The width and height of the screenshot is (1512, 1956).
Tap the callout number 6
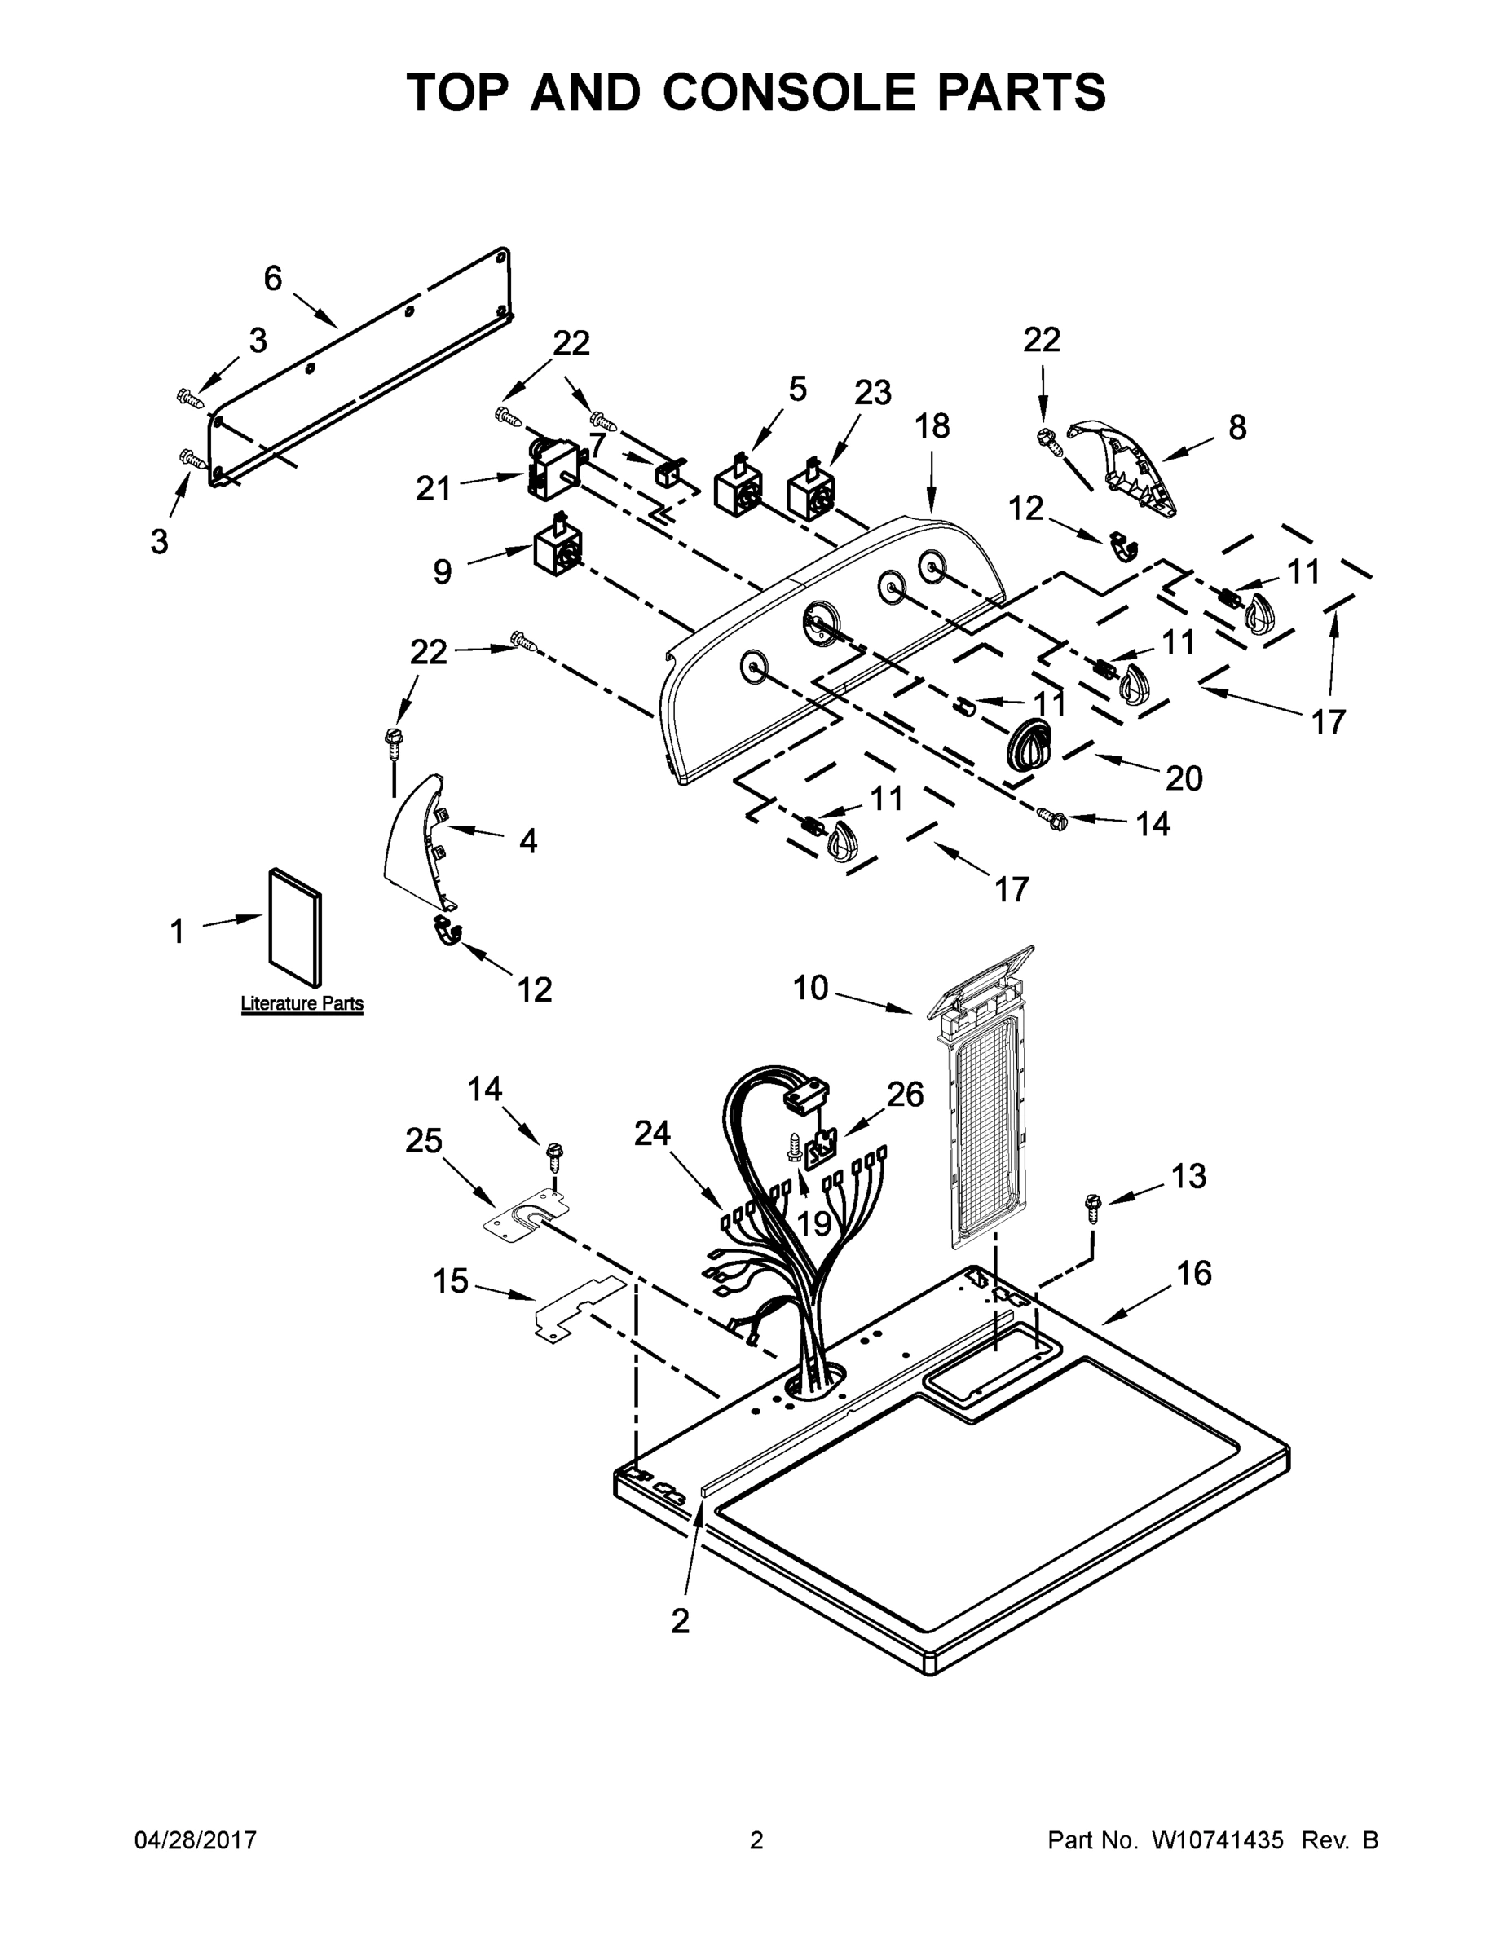pos(272,279)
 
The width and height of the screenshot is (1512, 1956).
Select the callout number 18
pos(932,426)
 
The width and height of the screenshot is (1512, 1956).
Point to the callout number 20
pos(1184,778)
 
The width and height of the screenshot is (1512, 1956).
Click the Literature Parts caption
pos(302,1003)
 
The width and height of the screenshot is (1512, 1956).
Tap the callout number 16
pos(1194,1273)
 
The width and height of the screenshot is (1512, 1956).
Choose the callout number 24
pos(651,1134)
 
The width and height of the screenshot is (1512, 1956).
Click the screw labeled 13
pos(1092,1205)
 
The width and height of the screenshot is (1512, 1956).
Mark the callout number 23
pos(872,392)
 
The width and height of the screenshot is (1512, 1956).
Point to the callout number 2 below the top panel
pos(680,1620)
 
